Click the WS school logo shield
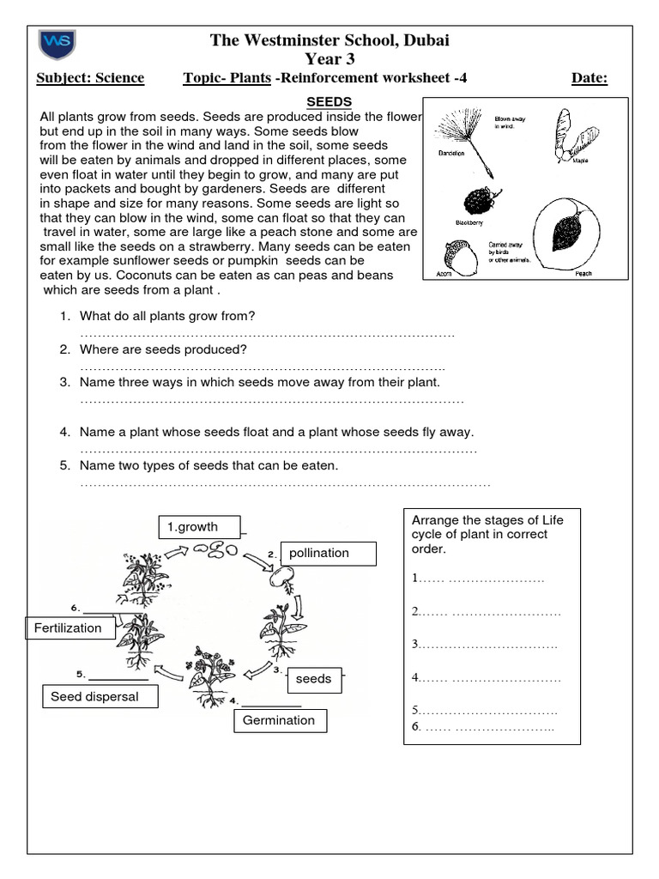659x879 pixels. [57, 45]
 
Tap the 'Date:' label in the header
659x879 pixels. [589, 79]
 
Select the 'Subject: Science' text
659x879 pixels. [90, 79]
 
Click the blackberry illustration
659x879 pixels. [477, 202]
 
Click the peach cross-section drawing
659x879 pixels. [567, 233]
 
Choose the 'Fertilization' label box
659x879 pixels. [68, 628]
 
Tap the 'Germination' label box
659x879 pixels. [279, 721]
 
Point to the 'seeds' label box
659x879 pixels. [313, 679]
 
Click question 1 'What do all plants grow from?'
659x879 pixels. [167, 317]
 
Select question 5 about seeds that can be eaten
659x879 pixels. [209, 466]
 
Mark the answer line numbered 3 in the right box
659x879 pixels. [485, 645]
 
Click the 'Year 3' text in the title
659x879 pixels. [329, 58]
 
